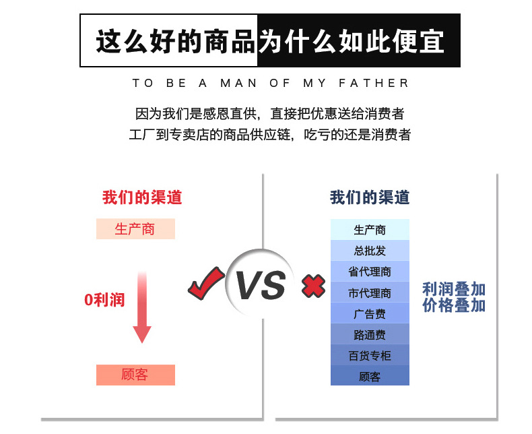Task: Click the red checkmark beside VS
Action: tap(205, 284)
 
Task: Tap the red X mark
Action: tap(312, 286)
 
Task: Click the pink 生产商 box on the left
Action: tap(135, 229)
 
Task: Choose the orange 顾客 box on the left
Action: tap(135, 375)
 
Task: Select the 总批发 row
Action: tap(370, 251)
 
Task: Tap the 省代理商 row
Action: tap(370, 272)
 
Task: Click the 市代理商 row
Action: tap(370, 292)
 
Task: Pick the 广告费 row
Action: tap(370, 313)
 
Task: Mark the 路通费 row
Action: tap(370, 334)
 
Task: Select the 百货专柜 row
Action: tap(370, 355)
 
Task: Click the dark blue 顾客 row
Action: tap(370, 376)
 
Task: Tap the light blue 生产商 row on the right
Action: tap(370, 230)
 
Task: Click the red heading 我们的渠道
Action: tap(142, 197)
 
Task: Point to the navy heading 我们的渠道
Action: tap(370, 197)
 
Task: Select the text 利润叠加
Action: tap(454, 289)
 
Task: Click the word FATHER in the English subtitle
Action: tap(375, 84)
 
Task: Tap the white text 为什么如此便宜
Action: tap(352, 41)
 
